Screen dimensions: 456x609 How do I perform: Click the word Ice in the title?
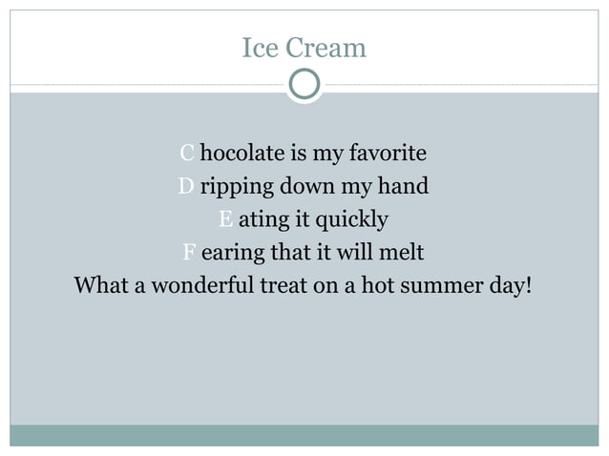[x=259, y=47]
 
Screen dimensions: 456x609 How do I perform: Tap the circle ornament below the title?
[x=304, y=85]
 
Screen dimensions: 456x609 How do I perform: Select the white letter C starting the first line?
[x=187, y=153]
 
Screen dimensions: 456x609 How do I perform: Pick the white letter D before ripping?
[x=186, y=186]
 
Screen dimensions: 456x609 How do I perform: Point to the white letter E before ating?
[x=225, y=219]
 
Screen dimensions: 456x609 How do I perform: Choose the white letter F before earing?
[x=189, y=253]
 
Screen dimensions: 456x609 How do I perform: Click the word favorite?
[x=387, y=153]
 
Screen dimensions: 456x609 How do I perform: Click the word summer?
[x=441, y=286]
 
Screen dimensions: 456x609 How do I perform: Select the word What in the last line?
[x=101, y=286]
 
